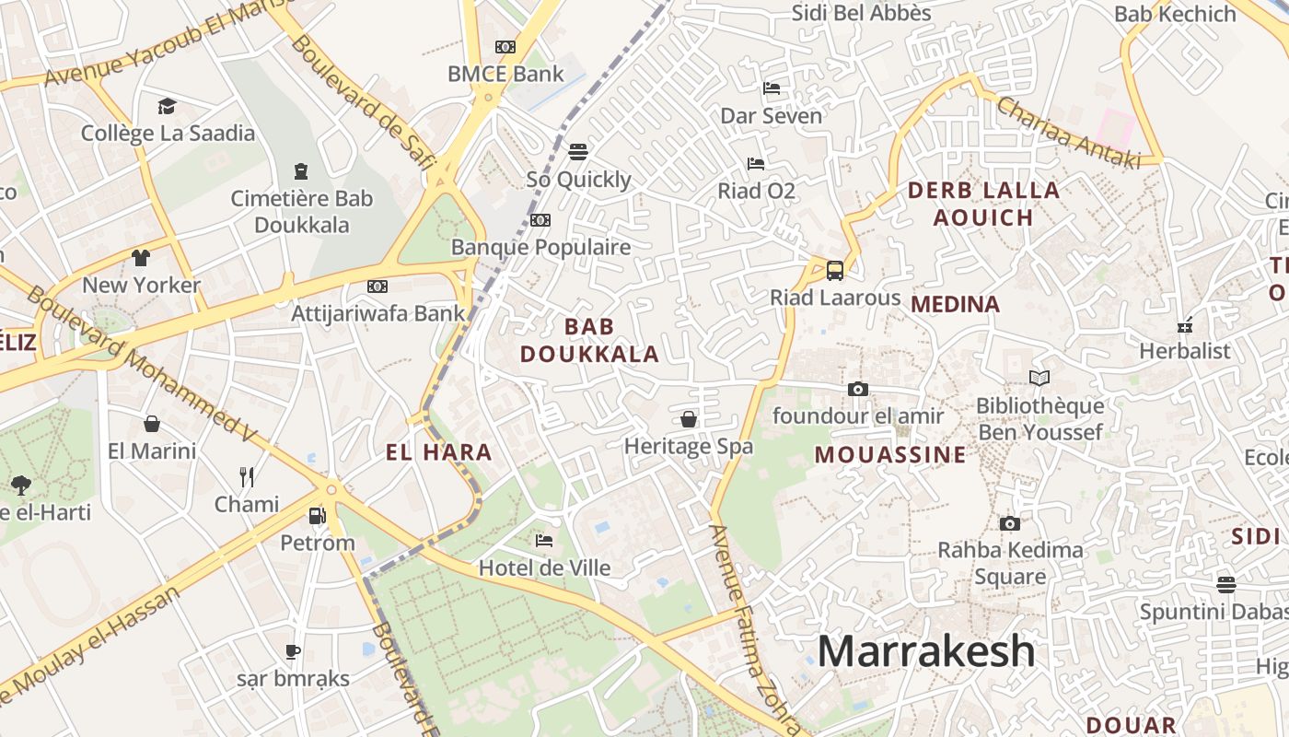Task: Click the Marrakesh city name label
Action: (926, 651)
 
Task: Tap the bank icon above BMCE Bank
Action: (505, 47)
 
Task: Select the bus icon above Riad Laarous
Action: (835, 271)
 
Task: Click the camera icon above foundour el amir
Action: (858, 389)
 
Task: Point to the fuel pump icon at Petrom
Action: (318, 516)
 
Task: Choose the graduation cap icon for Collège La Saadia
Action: (167, 106)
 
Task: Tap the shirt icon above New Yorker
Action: (140, 257)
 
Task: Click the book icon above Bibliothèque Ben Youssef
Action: (1039, 378)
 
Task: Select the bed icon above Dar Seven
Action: (772, 88)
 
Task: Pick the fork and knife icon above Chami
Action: (247, 476)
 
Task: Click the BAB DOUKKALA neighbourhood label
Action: (589, 340)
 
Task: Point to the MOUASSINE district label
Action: (890, 454)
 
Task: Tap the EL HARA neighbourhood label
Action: (438, 452)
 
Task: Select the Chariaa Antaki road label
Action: (1068, 134)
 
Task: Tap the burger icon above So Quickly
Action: (578, 151)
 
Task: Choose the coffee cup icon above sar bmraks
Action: (293, 652)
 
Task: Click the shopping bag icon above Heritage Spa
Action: (689, 420)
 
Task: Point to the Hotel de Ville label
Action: (544, 567)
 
